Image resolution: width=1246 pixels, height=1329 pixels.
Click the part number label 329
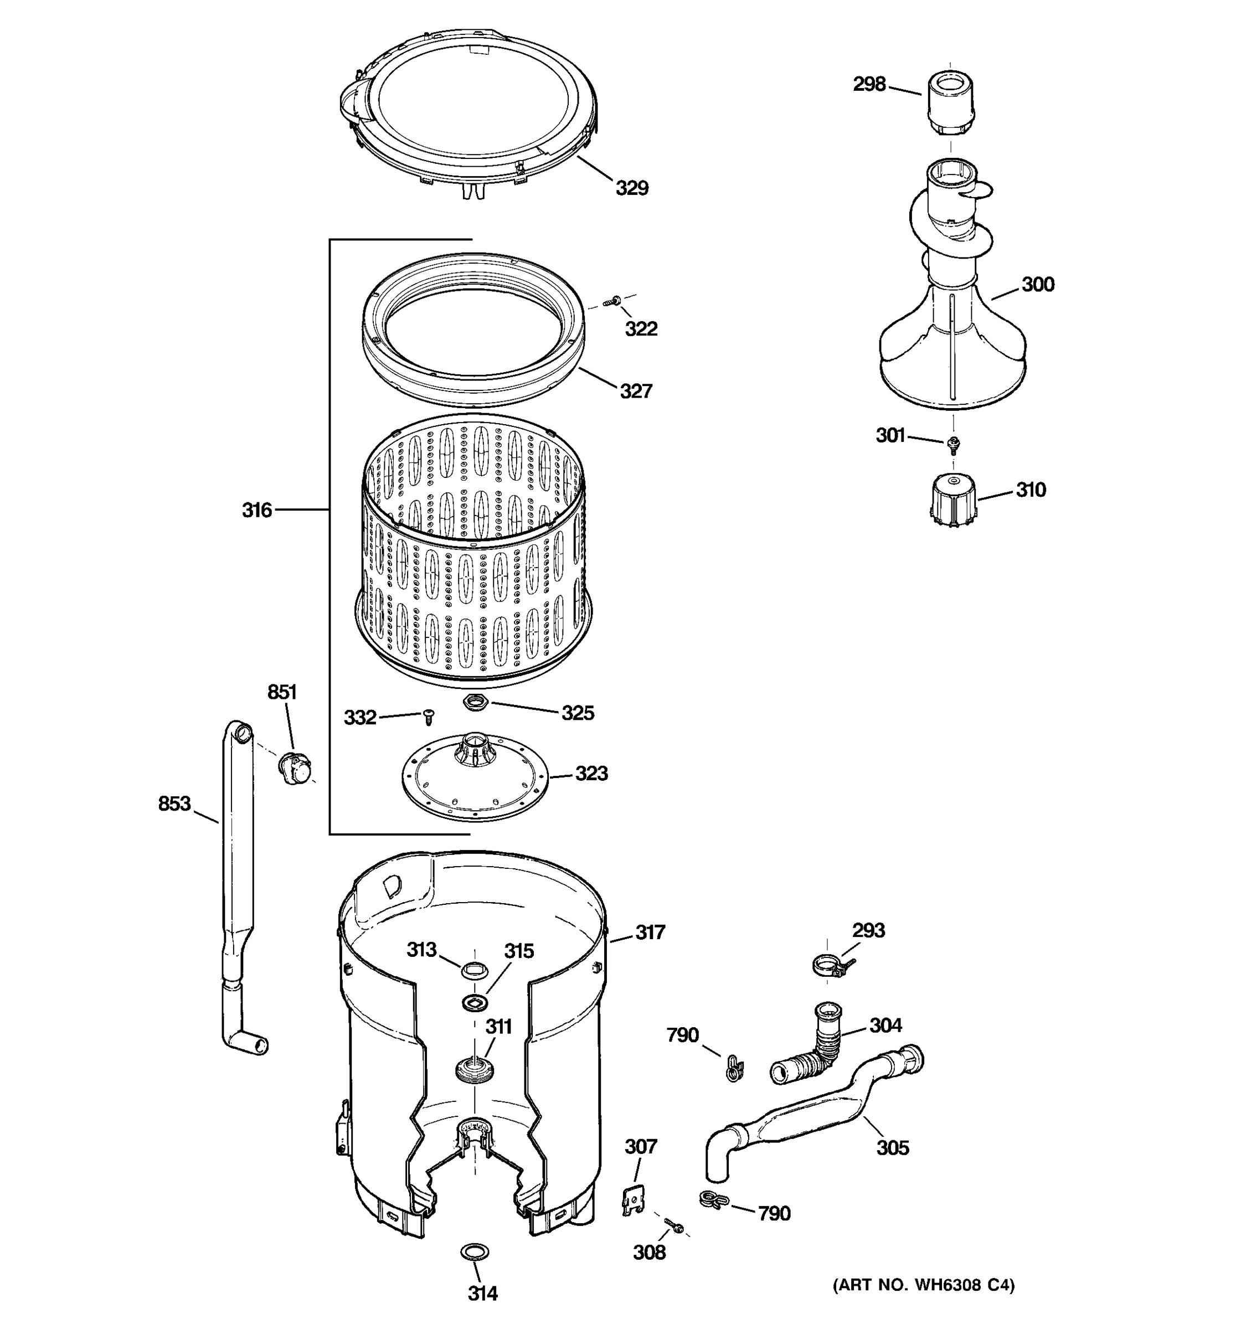[632, 188]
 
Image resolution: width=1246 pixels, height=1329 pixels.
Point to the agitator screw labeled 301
[954, 442]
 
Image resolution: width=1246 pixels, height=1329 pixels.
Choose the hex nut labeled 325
[475, 702]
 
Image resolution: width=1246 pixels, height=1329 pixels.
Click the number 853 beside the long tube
[174, 803]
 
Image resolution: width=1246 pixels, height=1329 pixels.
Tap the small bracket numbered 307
[632, 1201]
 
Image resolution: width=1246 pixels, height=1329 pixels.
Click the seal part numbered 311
[475, 1070]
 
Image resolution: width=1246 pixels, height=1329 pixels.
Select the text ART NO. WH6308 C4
[923, 1284]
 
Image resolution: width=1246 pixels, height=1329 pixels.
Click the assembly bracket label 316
[257, 510]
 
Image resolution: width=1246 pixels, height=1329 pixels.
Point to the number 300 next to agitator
[1037, 284]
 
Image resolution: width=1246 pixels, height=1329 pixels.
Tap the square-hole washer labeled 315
[474, 1001]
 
